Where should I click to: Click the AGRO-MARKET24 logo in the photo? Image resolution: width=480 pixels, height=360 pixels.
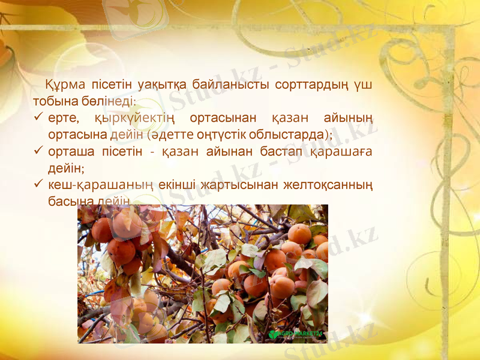[296, 334]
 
